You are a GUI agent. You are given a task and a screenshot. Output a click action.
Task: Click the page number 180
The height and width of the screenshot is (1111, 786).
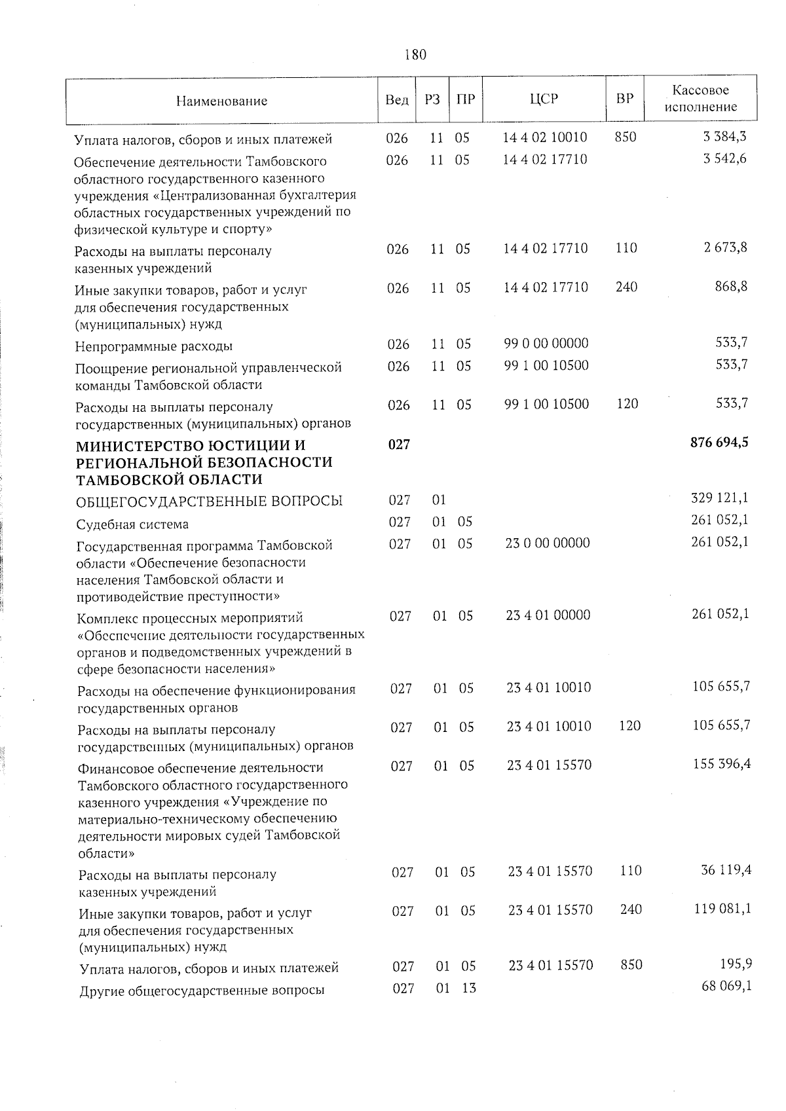click(x=415, y=54)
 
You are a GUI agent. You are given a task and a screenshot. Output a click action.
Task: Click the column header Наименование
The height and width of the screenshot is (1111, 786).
click(x=221, y=101)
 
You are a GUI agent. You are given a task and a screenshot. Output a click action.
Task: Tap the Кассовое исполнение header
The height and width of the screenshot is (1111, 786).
click(x=700, y=98)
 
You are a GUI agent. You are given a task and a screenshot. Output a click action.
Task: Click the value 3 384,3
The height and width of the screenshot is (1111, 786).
click(x=725, y=137)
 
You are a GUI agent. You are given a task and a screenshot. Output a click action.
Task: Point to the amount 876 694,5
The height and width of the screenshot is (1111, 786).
click(x=719, y=443)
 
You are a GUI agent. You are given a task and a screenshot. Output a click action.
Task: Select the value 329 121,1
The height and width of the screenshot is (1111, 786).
click(x=720, y=498)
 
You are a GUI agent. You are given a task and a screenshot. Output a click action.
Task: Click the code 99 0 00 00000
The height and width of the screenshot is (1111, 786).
click(x=546, y=343)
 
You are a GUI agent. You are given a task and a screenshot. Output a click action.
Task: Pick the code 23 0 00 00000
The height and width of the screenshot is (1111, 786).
click(x=548, y=543)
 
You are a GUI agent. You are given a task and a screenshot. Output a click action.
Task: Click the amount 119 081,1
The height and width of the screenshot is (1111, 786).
click(x=722, y=909)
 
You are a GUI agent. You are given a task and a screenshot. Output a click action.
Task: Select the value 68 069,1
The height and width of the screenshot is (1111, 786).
click(x=726, y=985)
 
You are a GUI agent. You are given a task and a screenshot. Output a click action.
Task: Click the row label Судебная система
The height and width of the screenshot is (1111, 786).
click(x=132, y=524)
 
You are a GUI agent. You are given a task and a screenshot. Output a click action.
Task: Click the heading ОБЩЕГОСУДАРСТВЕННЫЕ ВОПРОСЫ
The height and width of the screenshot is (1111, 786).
click(x=209, y=501)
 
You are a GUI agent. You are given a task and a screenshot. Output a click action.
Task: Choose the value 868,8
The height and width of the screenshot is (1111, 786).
click(x=732, y=286)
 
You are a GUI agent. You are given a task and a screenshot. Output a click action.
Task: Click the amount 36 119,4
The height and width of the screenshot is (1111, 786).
click(x=726, y=870)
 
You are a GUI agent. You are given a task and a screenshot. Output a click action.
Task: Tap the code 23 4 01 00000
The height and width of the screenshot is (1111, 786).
click(x=548, y=615)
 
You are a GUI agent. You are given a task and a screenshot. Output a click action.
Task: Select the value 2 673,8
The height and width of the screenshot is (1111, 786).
click(x=725, y=247)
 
